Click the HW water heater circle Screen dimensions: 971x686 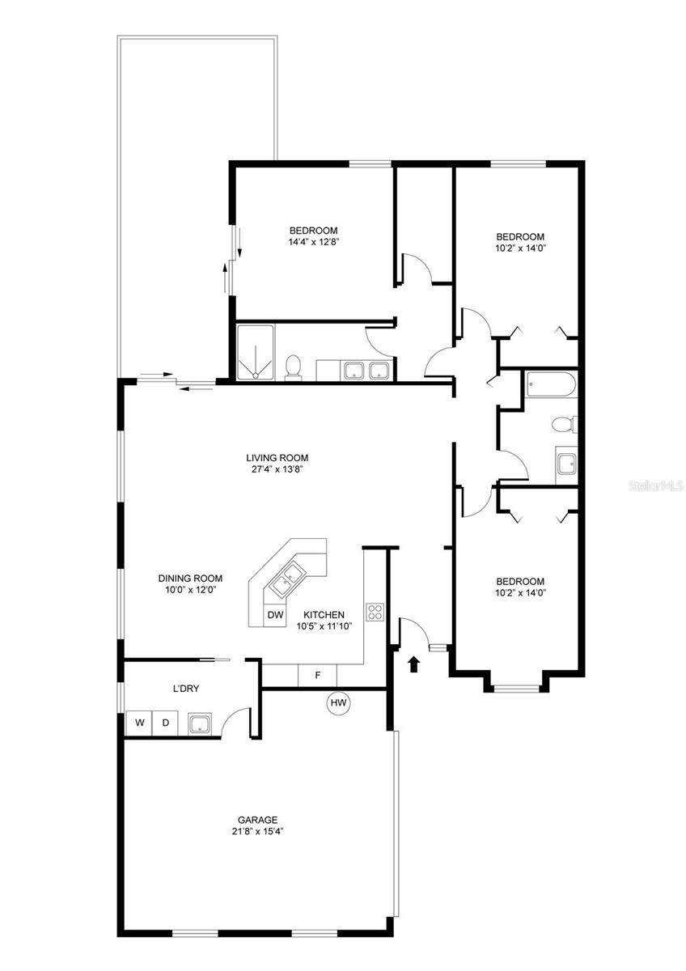point(338,704)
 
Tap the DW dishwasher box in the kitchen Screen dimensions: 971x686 point(276,616)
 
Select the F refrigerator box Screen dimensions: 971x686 point(318,675)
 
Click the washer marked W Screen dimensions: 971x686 point(139,723)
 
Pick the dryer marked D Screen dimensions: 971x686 point(166,723)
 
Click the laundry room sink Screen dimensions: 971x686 point(200,723)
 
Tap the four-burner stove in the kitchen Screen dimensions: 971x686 point(375,612)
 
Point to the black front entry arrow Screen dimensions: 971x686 point(414,664)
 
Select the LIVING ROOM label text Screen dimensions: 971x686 point(277,457)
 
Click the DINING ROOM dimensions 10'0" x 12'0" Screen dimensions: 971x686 point(190,590)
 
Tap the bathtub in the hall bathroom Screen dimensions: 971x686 point(549,385)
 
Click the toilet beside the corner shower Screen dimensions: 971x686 point(294,367)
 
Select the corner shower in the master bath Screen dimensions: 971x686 point(256,352)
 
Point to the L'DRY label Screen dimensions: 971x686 point(186,689)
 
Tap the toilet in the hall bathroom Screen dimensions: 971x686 point(562,423)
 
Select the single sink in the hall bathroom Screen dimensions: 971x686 point(566,463)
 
